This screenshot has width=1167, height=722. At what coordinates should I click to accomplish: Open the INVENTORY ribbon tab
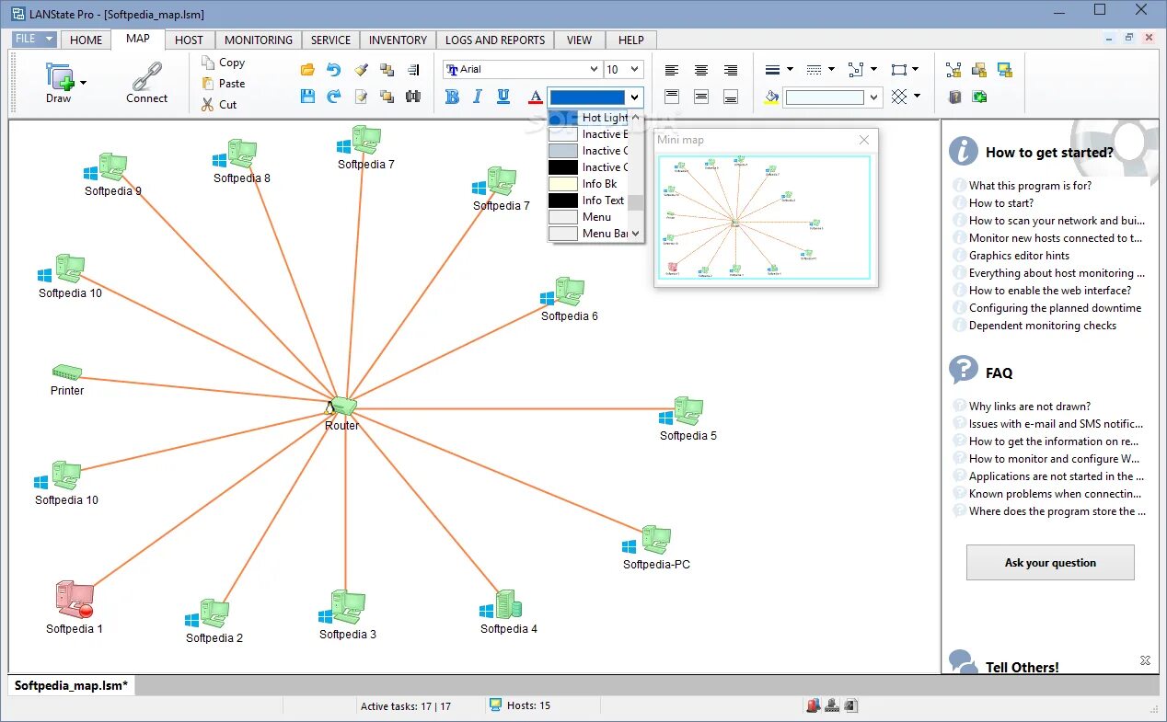click(x=398, y=40)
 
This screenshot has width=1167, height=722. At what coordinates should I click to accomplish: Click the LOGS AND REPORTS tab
click(x=495, y=40)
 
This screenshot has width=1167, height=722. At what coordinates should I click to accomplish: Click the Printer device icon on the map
click(x=66, y=372)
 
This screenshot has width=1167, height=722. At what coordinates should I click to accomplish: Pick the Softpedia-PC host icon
click(x=654, y=540)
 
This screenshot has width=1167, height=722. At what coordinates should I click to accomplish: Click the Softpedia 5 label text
click(x=687, y=436)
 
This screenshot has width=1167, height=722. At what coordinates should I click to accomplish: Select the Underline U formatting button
click(x=503, y=97)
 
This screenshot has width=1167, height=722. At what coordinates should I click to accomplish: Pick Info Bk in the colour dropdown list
click(x=598, y=184)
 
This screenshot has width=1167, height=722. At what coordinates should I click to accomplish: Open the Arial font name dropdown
click(x=593, y=69)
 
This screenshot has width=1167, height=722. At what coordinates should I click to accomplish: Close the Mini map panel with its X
click(x=863, y=140)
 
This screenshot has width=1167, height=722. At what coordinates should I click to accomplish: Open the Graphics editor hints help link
click(x=1019, y=256)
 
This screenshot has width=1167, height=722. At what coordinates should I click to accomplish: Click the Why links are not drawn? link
click(x=1029, y=407)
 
